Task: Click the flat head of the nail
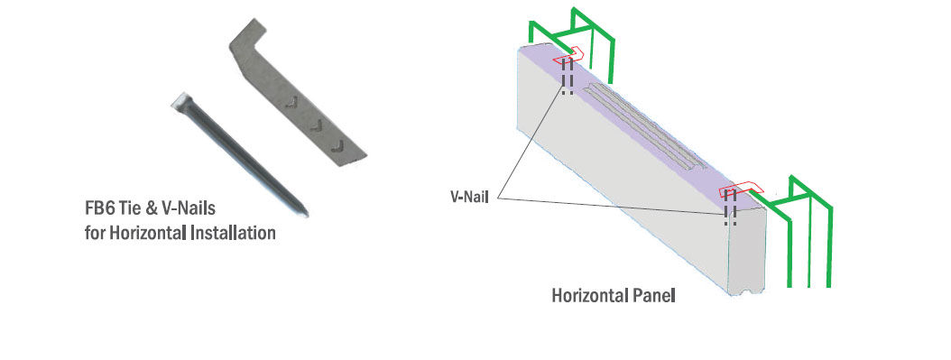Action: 181,101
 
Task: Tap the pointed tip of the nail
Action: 306,214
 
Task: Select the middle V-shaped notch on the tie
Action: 316,125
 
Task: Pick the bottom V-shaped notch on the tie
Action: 337,145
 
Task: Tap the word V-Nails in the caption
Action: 189,209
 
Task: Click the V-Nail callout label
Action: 469,197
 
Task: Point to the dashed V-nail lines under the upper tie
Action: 568,77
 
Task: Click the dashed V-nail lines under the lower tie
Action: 731,208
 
